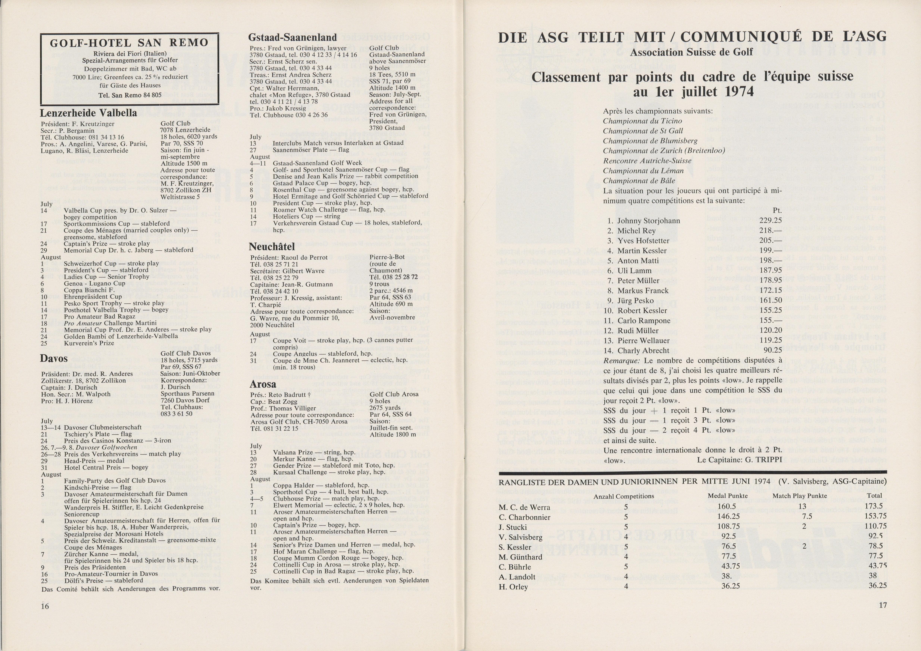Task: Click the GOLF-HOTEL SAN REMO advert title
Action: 129,43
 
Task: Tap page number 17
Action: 883,605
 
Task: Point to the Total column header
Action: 875,496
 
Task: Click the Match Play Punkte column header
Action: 800,496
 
